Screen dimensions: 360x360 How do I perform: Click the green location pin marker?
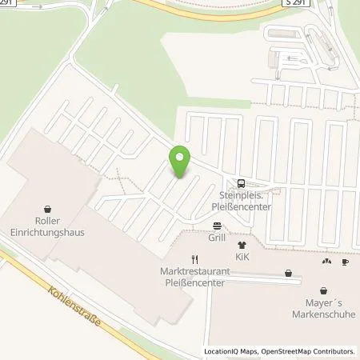click(181, 162)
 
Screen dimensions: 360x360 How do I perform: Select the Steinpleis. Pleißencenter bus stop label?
click(242, 198)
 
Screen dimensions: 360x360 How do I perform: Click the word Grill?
click(216, 238)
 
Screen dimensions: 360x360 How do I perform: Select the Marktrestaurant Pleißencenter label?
click(194, 276)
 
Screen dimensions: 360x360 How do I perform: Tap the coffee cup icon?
click(345, 261)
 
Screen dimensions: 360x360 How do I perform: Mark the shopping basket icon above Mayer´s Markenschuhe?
click(323, 290)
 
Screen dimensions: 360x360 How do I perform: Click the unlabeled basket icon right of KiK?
click(288, 273)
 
